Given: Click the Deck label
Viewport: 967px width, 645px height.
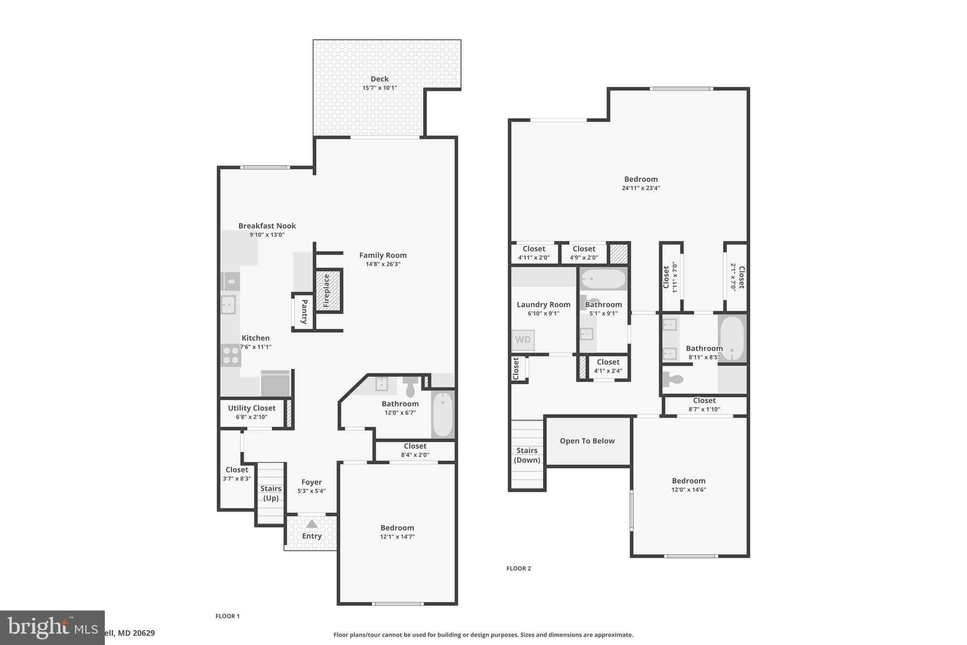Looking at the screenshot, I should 379,79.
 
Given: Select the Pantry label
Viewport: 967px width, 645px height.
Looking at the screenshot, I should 304,311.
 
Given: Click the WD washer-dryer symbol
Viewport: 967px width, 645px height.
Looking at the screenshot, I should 523,340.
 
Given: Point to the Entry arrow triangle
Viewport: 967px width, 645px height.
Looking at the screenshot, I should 312,524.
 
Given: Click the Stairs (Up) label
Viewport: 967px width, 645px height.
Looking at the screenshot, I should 271,493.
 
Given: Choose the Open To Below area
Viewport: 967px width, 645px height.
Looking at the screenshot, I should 587,441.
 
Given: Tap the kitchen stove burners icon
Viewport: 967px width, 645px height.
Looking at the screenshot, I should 230,355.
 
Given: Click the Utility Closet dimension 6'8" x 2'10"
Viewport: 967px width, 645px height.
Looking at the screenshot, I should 251,417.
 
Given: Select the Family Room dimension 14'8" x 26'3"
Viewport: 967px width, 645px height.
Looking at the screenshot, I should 382,264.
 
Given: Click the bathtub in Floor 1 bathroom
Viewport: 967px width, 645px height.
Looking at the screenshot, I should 442,414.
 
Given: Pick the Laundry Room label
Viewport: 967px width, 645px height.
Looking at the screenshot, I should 543,305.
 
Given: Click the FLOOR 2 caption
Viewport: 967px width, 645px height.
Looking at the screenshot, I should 518,568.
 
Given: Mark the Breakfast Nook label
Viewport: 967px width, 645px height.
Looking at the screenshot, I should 267,226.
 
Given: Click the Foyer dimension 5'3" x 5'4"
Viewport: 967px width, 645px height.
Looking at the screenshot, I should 311,491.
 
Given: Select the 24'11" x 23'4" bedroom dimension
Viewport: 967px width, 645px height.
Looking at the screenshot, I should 640,188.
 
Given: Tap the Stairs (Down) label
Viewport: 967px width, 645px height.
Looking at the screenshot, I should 526,455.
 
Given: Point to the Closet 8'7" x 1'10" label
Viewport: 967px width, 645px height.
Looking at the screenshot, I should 704,401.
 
